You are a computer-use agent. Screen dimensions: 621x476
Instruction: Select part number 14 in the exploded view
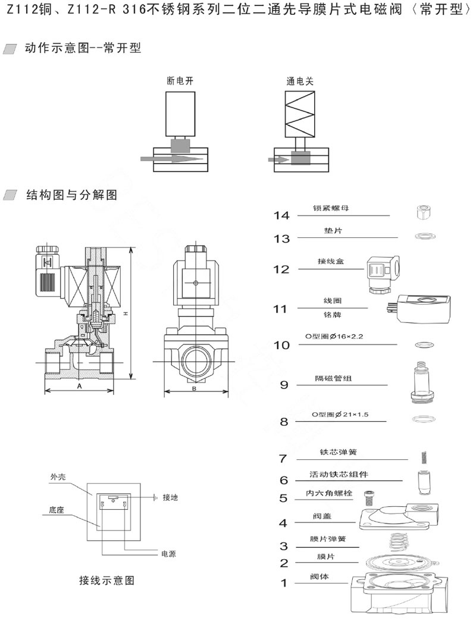coord(281,215)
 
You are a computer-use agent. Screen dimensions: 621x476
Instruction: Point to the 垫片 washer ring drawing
coord(423,236)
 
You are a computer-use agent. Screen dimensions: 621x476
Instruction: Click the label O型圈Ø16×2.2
coord(334,337)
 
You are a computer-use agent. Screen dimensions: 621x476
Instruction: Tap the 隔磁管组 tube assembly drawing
coord(422,381)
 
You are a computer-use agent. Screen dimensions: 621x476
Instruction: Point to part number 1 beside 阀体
coord(284,582)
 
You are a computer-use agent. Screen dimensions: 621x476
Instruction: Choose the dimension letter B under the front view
coord(195,388)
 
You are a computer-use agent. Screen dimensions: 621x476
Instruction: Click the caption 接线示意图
coord(107,581)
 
